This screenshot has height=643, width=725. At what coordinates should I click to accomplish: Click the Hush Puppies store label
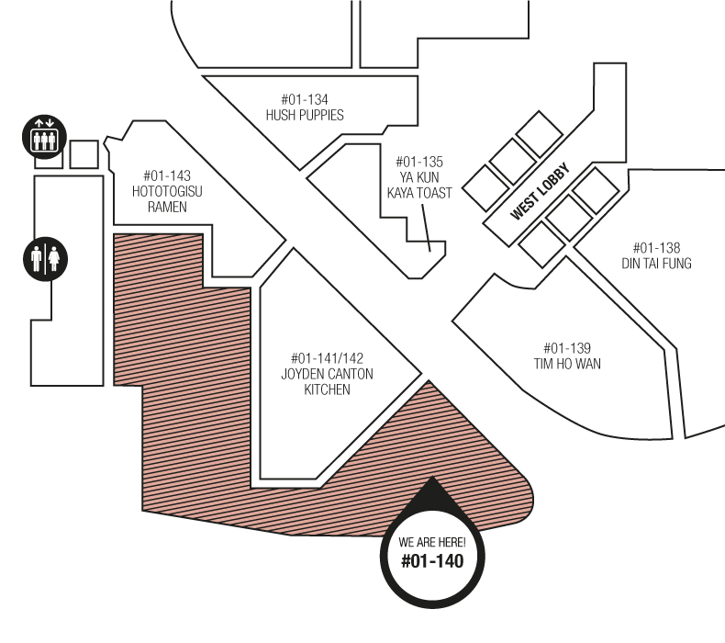click(305, 116)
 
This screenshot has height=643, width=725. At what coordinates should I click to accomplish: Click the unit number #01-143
click(167, 175)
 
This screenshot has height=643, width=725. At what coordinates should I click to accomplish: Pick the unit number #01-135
click(419, 162)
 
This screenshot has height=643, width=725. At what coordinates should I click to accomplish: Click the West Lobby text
click(541, 192)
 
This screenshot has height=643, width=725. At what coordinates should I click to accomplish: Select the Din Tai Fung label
click(656, 264)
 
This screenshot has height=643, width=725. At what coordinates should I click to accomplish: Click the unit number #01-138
click(656, 248)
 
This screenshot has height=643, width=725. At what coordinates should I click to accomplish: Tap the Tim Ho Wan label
click(566, 364)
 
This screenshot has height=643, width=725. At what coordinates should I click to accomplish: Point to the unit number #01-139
click(566, 348)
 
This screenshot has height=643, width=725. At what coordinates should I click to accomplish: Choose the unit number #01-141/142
click(328, 358)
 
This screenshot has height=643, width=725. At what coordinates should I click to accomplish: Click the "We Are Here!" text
click(432, 542)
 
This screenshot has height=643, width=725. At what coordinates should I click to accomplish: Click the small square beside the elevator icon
click(84, 154)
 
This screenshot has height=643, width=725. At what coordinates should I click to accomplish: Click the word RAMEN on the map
click(167, 207)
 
